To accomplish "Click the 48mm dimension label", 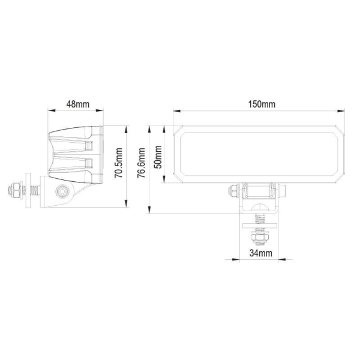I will [x=77, y=104].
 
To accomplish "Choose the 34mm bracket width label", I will [x=260, y=253].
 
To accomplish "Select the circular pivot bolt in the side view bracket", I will [x=61, y=191].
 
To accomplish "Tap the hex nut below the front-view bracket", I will [x=260, y=239].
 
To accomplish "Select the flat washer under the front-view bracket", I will [x=260, y=226].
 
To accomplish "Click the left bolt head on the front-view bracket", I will [x=232, y=191].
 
